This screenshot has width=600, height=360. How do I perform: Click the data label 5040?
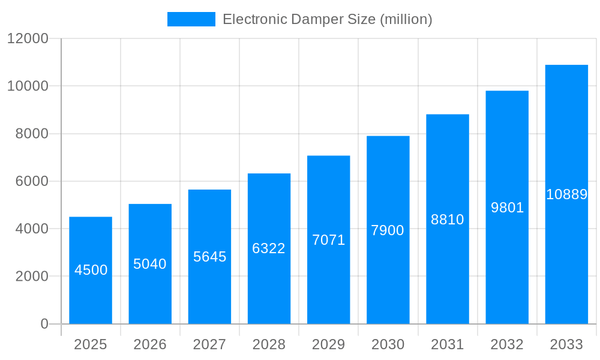[150, 264]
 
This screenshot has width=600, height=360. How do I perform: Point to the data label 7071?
[329, 240]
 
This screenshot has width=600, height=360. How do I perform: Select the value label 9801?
[508, 208]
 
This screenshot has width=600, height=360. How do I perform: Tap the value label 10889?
[566, 194]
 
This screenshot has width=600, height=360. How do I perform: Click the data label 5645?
[210, 257]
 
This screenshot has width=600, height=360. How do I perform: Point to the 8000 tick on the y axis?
[32, 134]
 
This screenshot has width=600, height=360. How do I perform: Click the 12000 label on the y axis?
[28, 39]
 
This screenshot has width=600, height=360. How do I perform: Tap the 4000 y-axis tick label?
[32, 229]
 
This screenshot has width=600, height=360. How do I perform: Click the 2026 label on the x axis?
[150, 344]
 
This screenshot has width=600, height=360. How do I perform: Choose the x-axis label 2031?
[448, 344]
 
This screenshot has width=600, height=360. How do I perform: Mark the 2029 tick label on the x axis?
[329, 344]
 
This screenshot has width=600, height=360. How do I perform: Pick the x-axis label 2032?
[507, 344]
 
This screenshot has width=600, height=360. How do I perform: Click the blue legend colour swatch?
[191, 19]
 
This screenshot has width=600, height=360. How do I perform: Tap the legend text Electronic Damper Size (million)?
[328, 19]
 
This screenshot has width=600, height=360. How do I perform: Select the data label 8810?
[448, 220]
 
